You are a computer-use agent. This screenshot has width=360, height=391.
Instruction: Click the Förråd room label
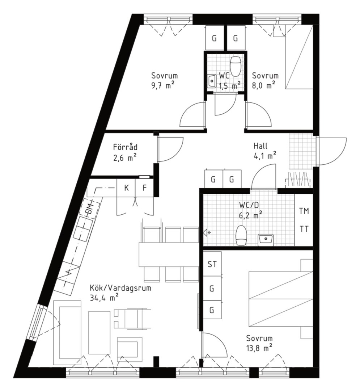[x=125, y=147]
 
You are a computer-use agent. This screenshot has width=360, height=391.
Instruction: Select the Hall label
[x=261, y=146]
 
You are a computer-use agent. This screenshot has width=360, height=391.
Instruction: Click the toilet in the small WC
[x=236, y=67]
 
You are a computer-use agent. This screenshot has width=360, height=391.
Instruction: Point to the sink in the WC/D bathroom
[x=266, y=240]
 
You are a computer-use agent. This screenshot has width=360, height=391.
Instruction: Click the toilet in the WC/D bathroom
[x=241, y=235]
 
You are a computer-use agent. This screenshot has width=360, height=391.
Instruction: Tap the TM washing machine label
[x=304, y=211]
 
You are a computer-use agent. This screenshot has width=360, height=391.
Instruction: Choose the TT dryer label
[x=304, y=229]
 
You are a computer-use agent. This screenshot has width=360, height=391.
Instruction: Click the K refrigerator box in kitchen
[x=126, y=188]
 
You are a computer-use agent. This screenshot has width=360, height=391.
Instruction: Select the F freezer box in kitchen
[x=144, y=188]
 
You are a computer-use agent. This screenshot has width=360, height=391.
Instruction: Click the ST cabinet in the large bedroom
[x=212, y=264]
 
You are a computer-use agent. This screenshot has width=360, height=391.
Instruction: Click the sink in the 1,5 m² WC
[x=212, y=81]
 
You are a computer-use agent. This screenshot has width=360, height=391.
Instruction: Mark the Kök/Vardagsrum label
[x=120, y=289]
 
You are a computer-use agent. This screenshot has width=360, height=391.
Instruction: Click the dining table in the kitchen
[x=169, y=254]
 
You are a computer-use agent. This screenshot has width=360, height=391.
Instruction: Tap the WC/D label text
[x=249, y=205]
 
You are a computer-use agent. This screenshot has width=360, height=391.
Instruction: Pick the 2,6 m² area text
[x=125, y=158]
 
